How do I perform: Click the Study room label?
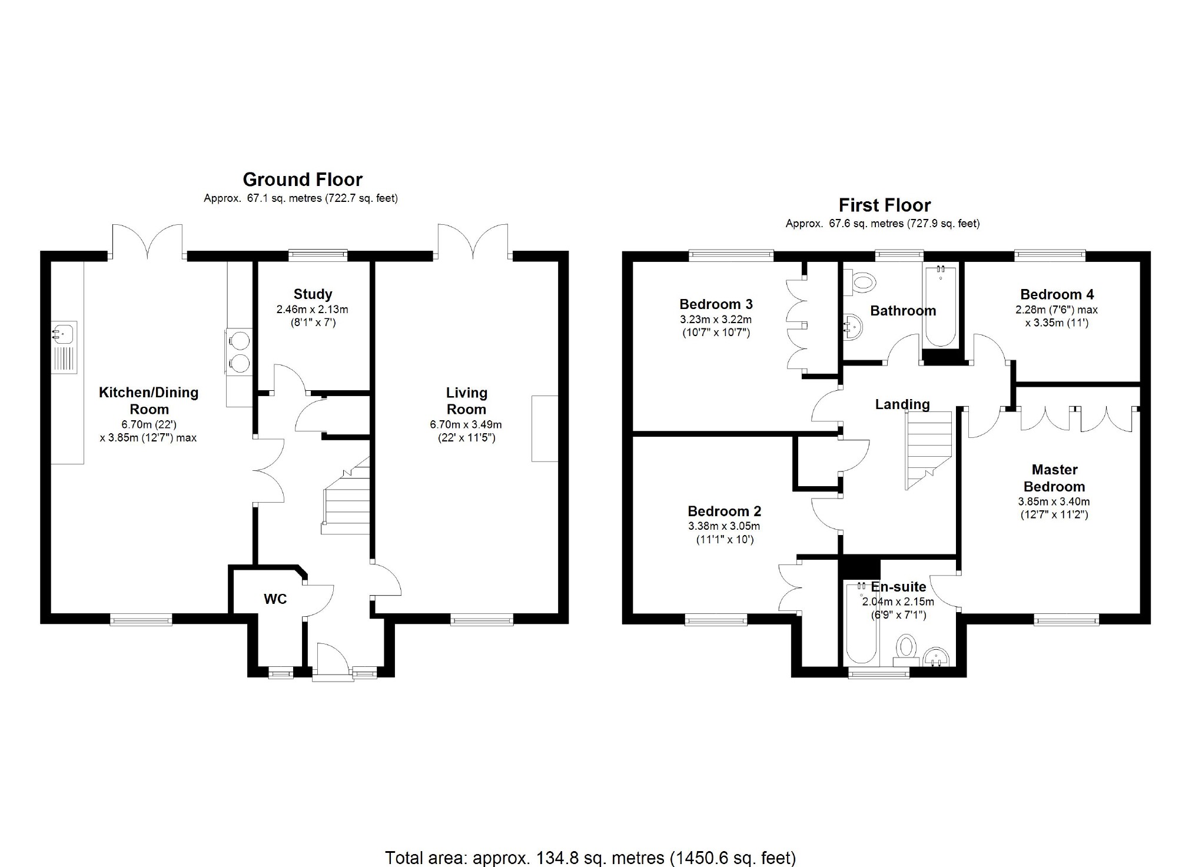[x=313, y=294]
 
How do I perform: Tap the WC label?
[x=275, y=599]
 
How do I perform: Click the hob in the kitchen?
[x=239, y=352]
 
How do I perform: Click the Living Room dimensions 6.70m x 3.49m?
[x=466, y=424]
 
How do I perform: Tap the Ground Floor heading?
[x=303, y=179]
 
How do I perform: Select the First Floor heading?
[x=885, y=205]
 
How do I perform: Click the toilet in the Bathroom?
[x=860, y=282]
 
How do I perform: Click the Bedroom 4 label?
[x=1057, y=294]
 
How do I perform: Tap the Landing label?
[x=902, y=404]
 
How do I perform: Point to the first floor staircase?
[x=928, y=450]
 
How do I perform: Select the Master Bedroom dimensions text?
[x=1054, y=508]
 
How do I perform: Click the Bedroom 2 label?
[x=725, y=511]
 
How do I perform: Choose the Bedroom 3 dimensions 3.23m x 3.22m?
[x=716, y=320]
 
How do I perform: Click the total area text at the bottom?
[x=590, y=858]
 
